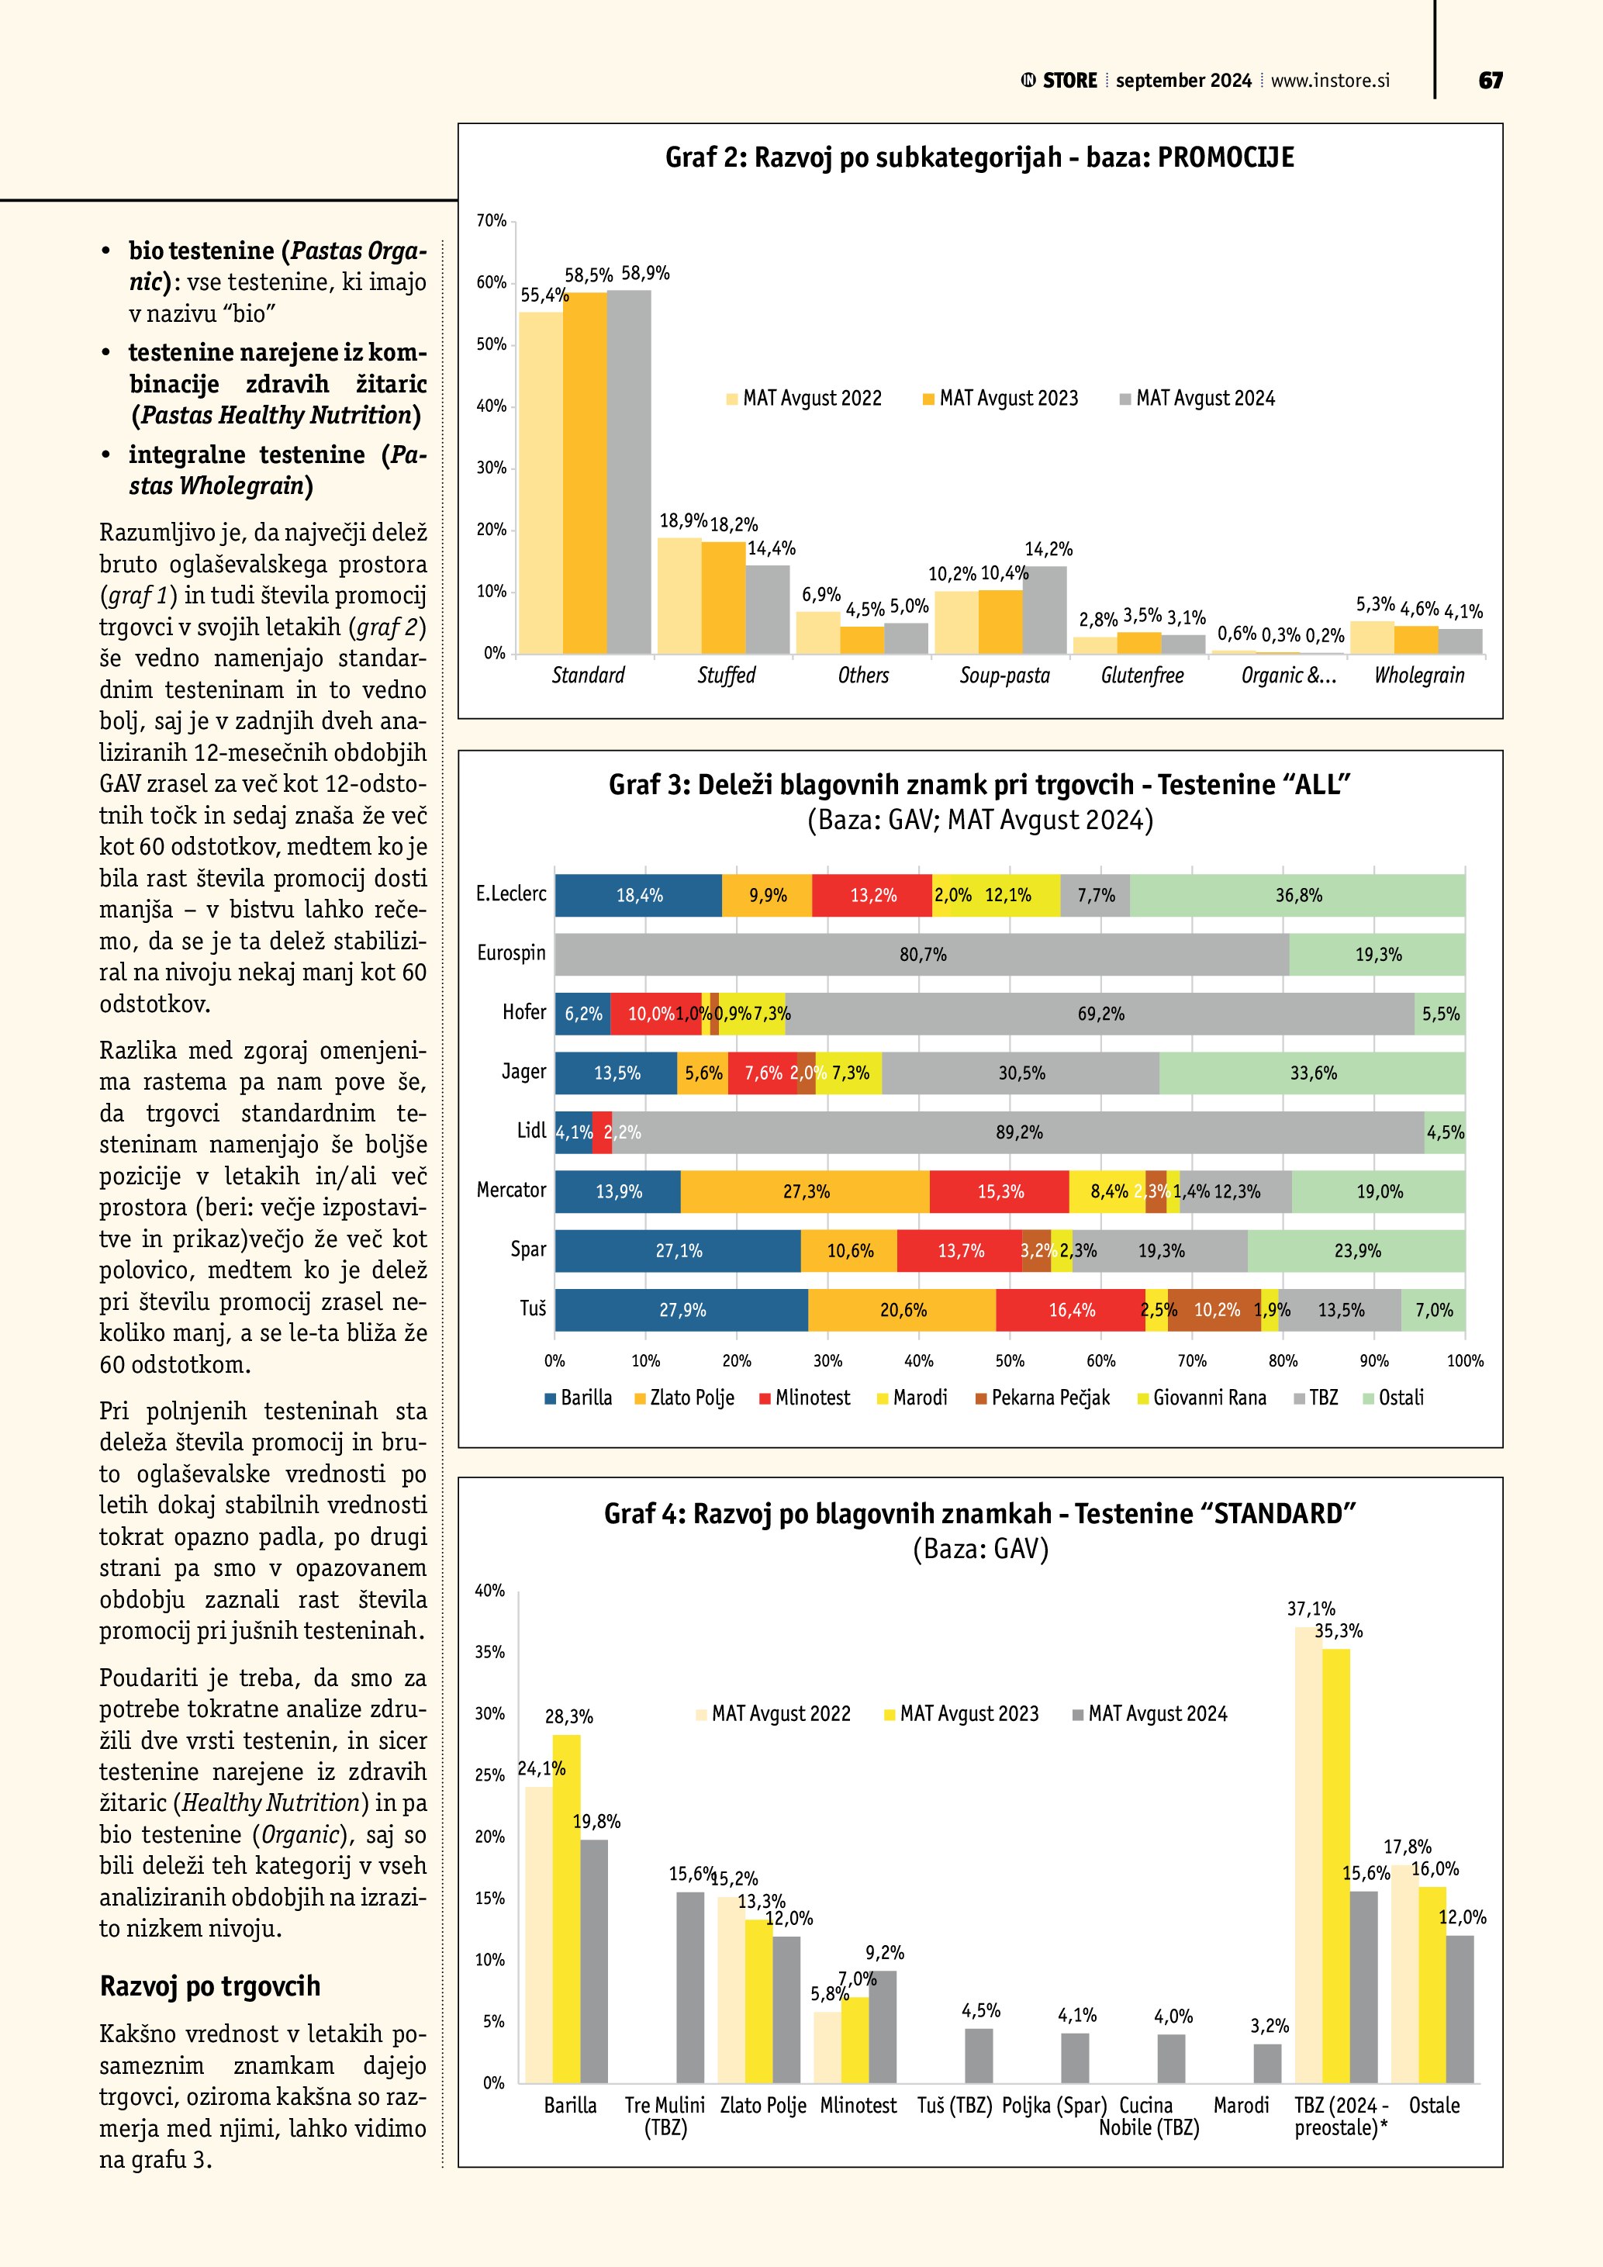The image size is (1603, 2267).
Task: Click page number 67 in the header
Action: click(x=1490, y=81)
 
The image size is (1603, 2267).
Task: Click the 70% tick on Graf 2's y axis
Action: click(x=492, y=220)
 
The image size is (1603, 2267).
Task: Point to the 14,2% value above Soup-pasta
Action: click(x=1049, y=549)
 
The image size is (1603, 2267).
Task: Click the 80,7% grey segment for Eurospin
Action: click(x=922, y=955)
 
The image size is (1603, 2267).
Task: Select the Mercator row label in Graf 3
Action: click(x=511, y=1191)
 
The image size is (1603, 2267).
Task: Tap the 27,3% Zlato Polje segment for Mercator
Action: click(x=806, y=1192)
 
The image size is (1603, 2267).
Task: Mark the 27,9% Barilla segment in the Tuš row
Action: click(x=682, y=1310)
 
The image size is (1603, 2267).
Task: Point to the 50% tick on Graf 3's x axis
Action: click(x=1010, y=1360)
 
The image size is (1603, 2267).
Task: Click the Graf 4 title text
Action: click(x=979, y=1514)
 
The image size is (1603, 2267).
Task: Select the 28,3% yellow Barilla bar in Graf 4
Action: click(x=567, y=1910)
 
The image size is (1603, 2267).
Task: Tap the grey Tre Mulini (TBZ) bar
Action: click(x=690, y=1989)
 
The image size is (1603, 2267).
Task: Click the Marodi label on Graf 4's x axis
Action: click(x=1241, y=2106)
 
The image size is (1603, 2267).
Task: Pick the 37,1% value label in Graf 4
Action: click(x=1311, y=1609)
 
